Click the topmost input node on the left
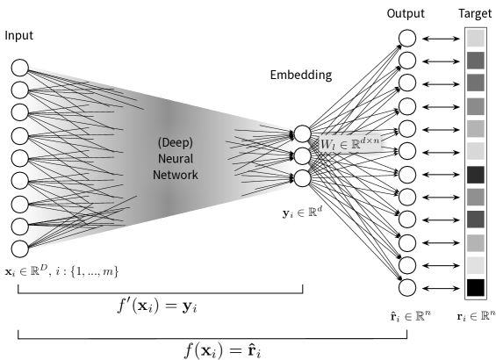[20, 68]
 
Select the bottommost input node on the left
[20, 248]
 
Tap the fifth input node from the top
[20, 158]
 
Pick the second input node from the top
[20, 90]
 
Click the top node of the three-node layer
[302, 133]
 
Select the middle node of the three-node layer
[302, 156]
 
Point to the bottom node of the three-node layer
[302, 178]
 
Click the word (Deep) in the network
[176, 142]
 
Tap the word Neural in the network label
[176, 159]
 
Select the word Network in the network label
[176, 175]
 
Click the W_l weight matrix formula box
[349, 143]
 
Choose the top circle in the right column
[407, 38]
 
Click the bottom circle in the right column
[407, 287]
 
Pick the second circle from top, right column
[407, 61]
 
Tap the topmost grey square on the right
[475, 38]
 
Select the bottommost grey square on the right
[475, 265]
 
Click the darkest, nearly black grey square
[475, 174]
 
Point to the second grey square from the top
[475, 61]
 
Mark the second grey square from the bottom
[475, 242]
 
